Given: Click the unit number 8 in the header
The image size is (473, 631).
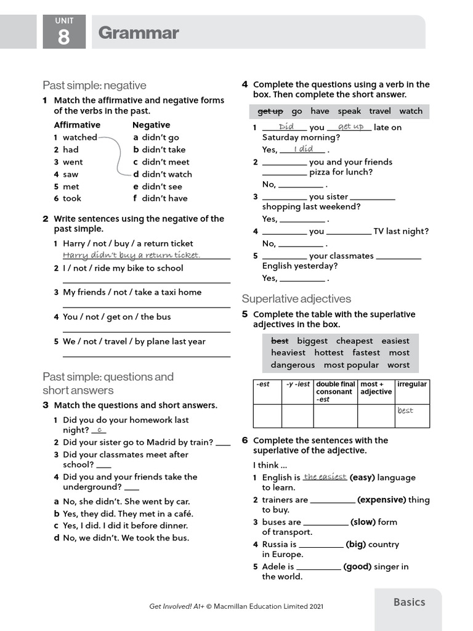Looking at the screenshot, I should tap(64, 37).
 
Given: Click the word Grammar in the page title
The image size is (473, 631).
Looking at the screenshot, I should tap(138, 33).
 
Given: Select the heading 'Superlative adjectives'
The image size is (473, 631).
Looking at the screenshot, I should tap(296, 299).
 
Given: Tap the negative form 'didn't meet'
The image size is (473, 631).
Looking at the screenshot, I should tap(161, 162).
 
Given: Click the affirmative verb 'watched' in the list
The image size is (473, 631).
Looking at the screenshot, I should tap(79, 137).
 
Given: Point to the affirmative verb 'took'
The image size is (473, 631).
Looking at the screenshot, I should tap(71, 198).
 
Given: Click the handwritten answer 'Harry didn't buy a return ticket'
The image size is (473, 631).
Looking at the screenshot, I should tap(131, 255).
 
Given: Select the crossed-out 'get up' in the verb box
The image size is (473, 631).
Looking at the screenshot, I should tap(270, 112).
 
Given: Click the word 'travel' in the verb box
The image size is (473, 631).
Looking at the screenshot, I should tap(380, 112).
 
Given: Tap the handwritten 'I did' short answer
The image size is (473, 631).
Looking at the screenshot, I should tap(303, 149).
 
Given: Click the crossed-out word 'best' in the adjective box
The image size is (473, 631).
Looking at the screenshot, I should tap(280, 341).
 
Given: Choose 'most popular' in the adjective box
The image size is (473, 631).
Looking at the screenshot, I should tap(351, 365).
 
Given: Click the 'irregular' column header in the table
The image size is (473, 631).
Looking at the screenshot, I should tap(412, 384).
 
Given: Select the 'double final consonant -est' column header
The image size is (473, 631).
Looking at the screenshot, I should tap(335, 391).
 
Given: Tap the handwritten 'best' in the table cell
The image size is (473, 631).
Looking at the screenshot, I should tap(405, 410).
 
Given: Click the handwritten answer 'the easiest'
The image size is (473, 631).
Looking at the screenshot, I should tap(325, 476).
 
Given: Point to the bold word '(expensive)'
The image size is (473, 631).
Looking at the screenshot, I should tap(381, 500).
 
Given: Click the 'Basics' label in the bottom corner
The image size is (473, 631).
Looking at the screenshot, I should tap(409, 602).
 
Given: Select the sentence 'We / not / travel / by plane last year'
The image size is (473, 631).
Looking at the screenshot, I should tap(134, 341).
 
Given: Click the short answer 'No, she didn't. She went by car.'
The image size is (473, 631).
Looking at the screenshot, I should tap(126, 502).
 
